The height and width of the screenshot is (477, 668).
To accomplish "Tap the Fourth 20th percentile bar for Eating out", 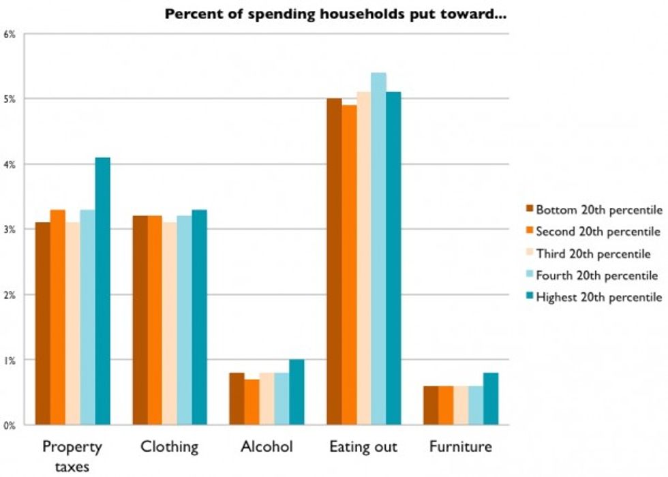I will point(378,249).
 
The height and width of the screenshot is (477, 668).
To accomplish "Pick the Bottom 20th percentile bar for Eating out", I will point(334,262).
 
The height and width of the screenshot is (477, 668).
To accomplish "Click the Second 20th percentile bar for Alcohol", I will point(252,402).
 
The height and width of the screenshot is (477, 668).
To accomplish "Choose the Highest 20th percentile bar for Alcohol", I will point(297,393).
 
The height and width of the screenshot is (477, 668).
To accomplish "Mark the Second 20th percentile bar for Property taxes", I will point(58,318).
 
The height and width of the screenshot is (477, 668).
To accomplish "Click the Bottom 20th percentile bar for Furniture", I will point(431,405).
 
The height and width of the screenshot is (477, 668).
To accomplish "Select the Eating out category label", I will point(363,448).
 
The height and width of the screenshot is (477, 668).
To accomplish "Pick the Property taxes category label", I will point(72,455).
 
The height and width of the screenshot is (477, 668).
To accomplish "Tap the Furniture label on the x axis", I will point(460,448).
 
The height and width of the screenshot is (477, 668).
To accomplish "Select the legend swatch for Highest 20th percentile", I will point(529,297).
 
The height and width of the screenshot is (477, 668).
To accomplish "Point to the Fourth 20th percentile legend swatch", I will point(529,275).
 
